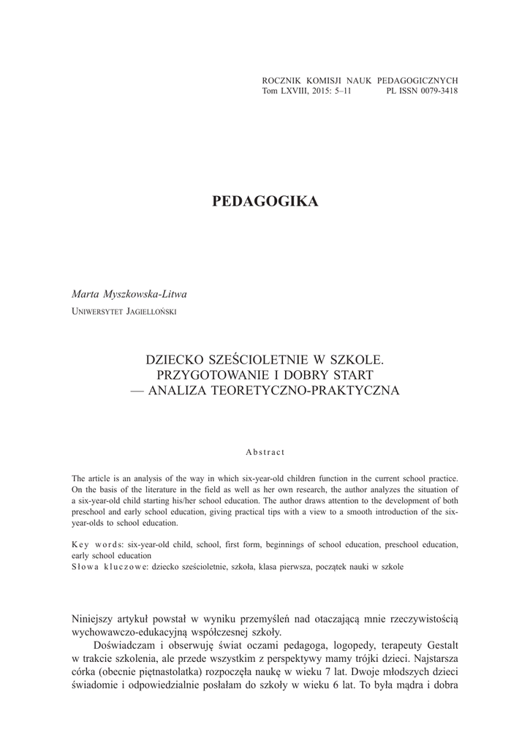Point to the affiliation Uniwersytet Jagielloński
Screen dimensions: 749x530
124,311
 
